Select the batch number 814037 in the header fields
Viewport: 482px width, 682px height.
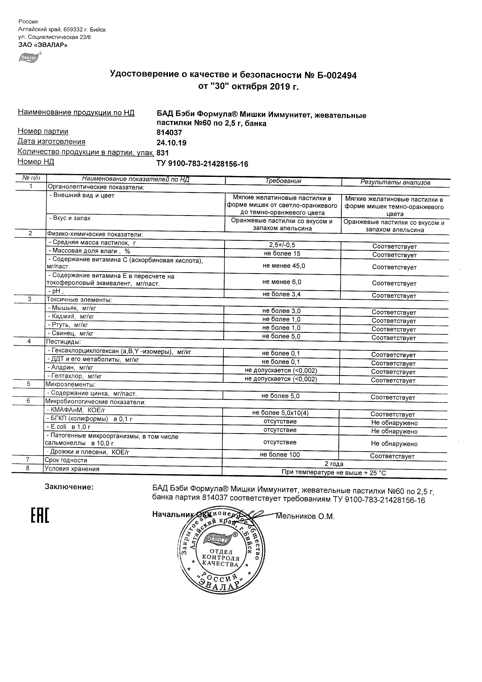coord(169,133)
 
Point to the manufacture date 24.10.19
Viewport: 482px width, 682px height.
coord(171,143)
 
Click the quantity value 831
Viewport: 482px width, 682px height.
coord(162,153)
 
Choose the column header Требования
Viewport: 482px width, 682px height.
coord(283,181)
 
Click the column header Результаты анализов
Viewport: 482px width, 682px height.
coord(395,182)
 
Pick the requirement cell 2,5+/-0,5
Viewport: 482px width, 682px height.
coord(282,245)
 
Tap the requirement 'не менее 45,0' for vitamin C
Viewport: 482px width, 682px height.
coord(284,266)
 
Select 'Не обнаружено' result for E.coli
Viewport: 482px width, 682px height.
coord(394,432)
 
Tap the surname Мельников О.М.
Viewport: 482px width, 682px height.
coord(305,516)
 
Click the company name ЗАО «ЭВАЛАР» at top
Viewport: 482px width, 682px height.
coord(43,45)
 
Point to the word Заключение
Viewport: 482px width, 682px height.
coord(69,487)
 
